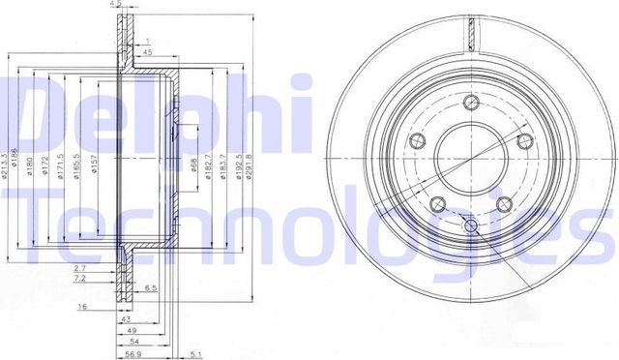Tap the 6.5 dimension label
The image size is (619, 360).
(151, 289)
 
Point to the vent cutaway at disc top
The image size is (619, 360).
(471, 39)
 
